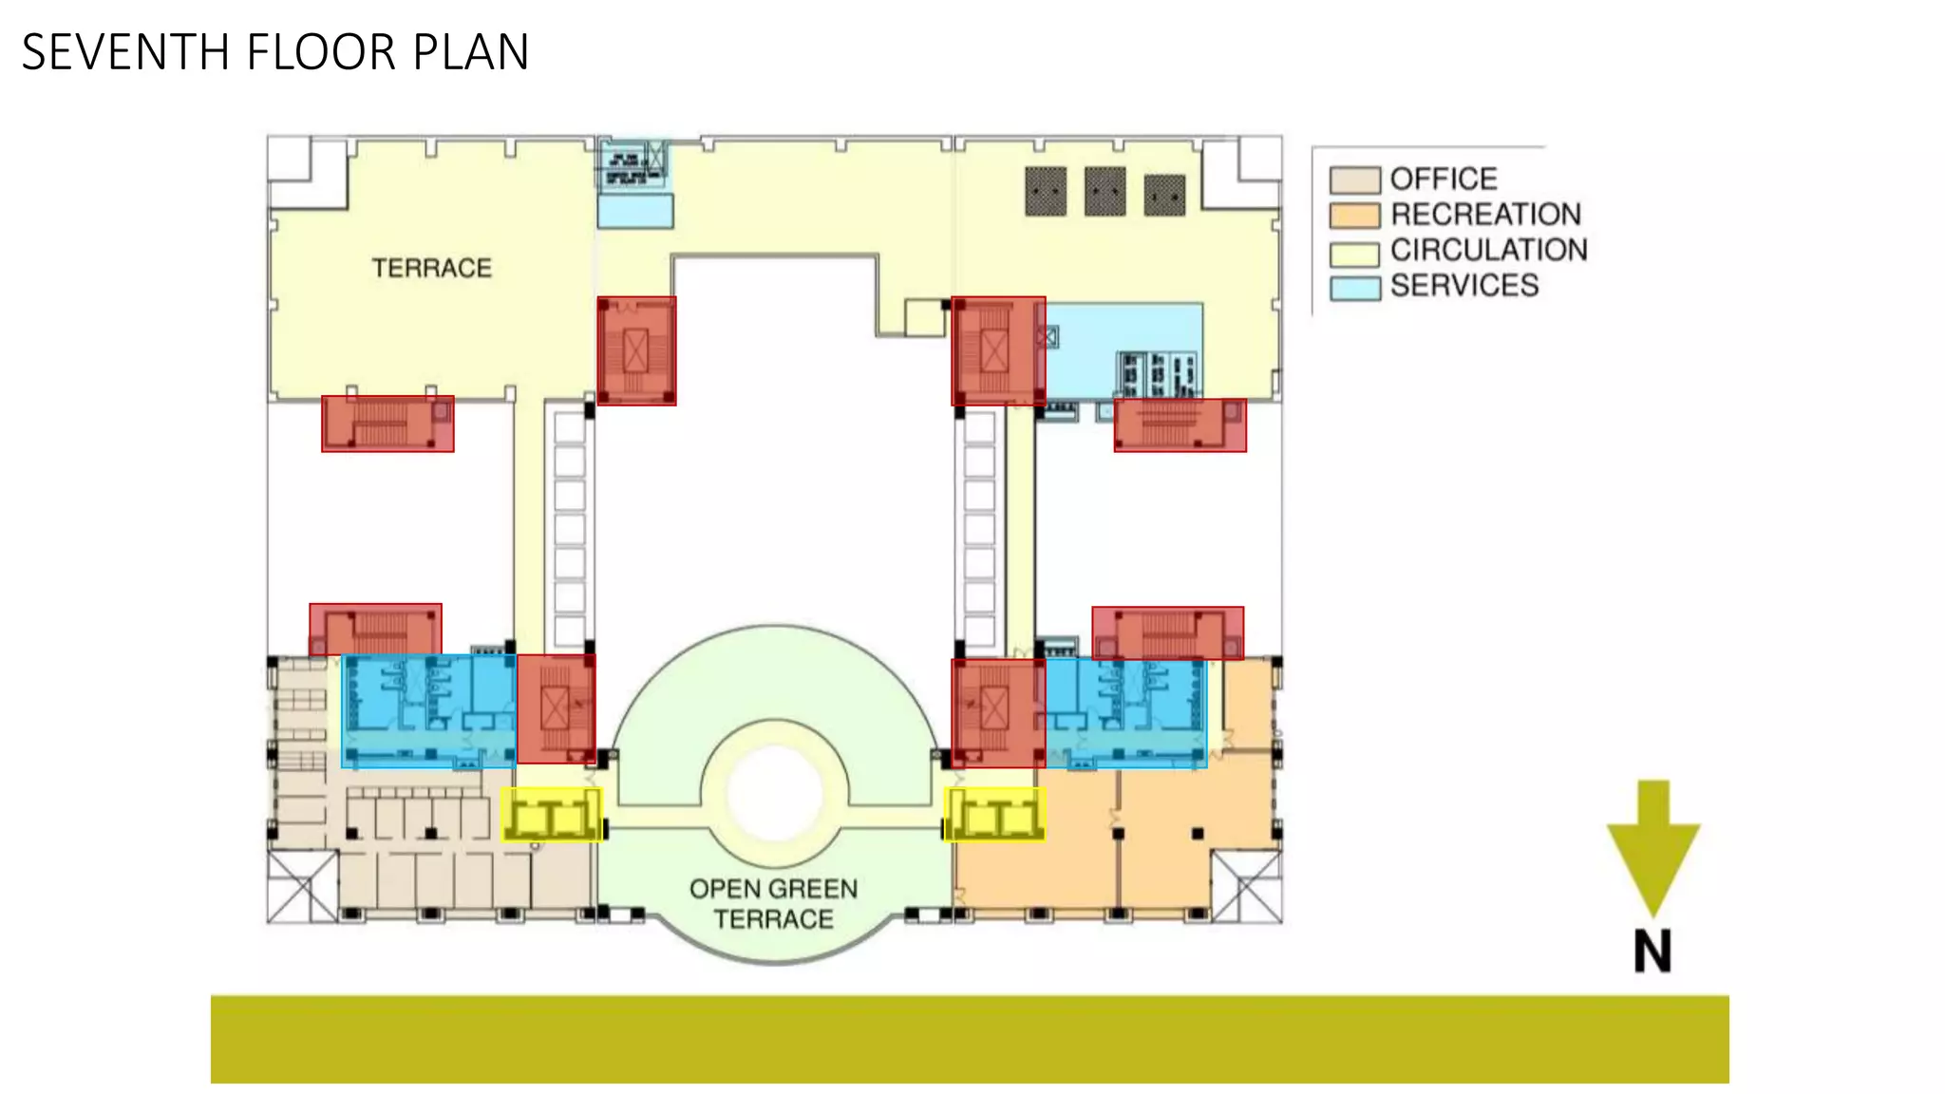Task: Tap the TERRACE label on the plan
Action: [x=431, y=268]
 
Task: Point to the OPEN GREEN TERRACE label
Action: [x=774, y=903]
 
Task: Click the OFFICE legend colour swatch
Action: [x=1353, y=179]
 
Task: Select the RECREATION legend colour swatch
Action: [x=1353, y=216]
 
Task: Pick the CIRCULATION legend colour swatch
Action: [x=1353, y=253]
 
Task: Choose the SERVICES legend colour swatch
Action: [x=1353, y=288]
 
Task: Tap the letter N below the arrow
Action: [x=1652, y=951]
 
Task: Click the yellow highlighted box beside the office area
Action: [x=552, y=815]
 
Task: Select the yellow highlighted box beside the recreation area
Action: [x=995, y=815]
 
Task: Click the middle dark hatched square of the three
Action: [x=1105, y=192]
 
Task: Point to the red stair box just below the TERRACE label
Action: [x=387, y=424]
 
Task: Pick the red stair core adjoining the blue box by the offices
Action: [x=557, y=708]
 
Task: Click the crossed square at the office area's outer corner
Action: [x=301, y=887]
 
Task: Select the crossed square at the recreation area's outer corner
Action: [x=1247, y=887]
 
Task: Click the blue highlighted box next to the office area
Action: [x=428, y=710]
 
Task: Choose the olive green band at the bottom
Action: [x=969, y=1039]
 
